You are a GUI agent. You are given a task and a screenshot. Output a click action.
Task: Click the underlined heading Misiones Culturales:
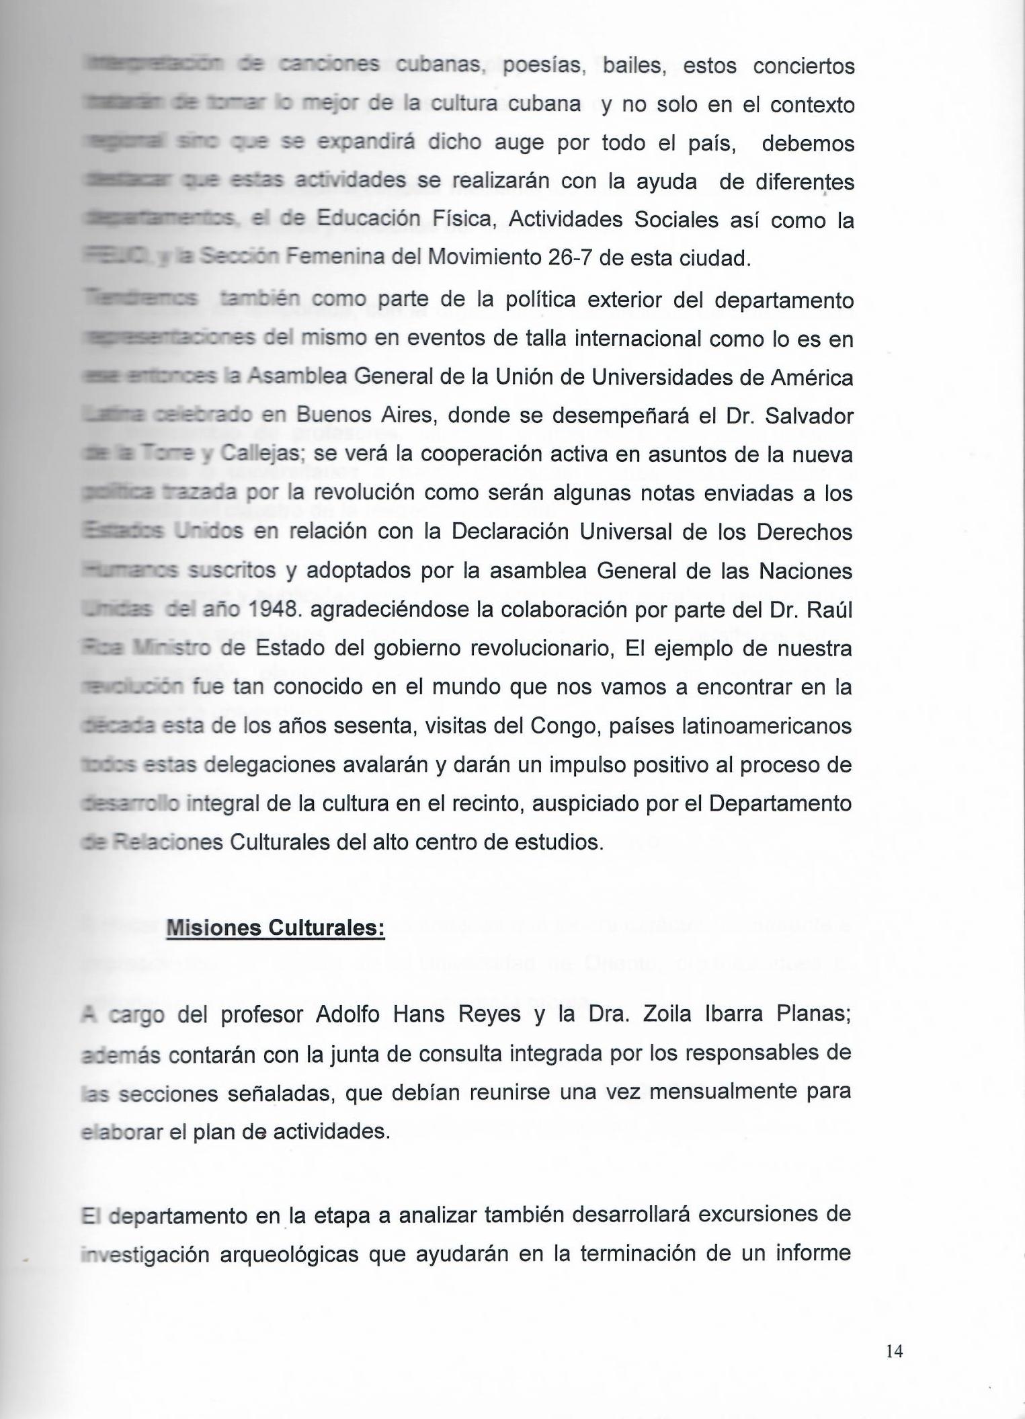[276, 928]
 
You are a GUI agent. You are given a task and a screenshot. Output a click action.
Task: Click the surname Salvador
[808, 416]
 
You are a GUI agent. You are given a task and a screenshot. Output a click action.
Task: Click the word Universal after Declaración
[641, 532]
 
